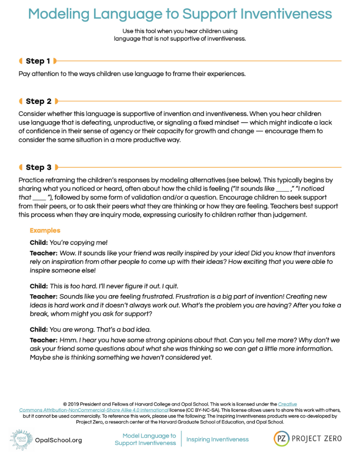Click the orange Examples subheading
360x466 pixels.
tap(45, 231)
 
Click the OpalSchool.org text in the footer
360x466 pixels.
tap(59, 440)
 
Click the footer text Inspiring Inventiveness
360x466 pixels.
tap(217, 439)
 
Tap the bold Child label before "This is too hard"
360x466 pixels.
tap(39, 286)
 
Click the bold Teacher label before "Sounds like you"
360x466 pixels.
tap(44, 296)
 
